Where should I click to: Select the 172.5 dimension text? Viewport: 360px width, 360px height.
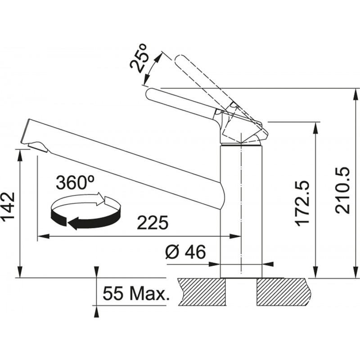coord(303,204)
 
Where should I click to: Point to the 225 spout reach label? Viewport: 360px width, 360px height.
coord(153,222)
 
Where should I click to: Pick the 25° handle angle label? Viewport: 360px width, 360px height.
coord(139,58)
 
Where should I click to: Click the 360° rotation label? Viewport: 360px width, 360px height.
coord(75,183)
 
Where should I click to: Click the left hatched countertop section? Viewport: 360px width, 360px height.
coord(202,292)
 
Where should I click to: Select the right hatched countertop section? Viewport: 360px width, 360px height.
coord(284,292)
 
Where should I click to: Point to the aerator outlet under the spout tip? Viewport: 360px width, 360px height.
coord(37,147)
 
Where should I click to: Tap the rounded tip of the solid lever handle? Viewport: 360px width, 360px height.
coord(150,94)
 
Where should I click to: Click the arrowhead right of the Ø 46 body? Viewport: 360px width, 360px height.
coord(268,264)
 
